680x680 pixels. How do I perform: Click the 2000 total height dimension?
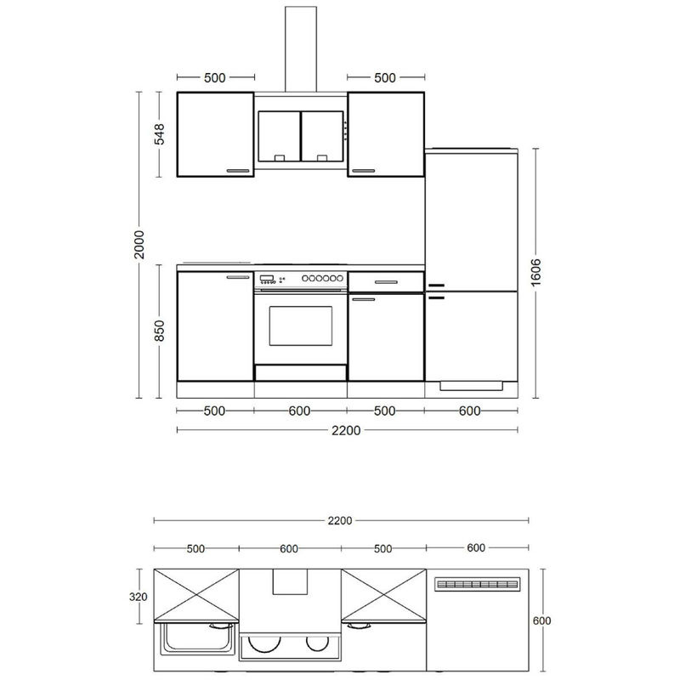(139, 245)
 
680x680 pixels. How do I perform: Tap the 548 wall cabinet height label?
(160, 134)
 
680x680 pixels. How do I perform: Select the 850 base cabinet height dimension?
(160, 331)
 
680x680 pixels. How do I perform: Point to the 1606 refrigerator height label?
(536, 272)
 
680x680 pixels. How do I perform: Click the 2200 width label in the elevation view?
(346, 430)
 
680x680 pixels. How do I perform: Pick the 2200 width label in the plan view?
(339, 520)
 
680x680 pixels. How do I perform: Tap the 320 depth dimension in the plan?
(139, 597)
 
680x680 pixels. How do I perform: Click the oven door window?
(301, 326)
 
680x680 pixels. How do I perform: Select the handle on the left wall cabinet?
(238, 171)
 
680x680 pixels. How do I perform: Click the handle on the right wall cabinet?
(364, 171)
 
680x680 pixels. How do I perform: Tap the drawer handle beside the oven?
(386, 282)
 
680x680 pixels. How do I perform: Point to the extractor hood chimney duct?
(301, 49)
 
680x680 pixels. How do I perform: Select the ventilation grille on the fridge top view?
(477, 584)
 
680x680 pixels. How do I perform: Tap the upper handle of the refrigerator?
(436, 286)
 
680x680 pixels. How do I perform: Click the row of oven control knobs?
(322, 278)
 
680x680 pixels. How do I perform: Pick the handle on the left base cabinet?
(238, 277)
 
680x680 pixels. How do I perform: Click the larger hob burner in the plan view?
(264, 643)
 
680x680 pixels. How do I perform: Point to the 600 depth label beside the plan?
(541, 620)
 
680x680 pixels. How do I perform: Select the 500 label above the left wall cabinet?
(215, 77)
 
